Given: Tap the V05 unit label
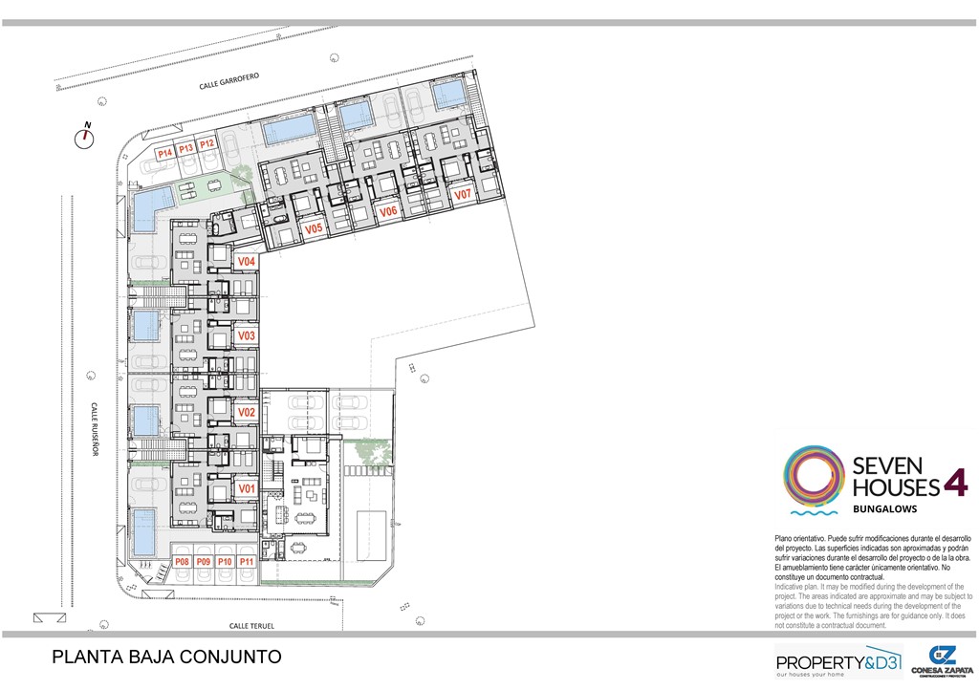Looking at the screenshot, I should tap(314, 229).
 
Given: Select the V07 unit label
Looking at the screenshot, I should tap(463, 194).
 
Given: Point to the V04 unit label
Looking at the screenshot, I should tap(247, 261).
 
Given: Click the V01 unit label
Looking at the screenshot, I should tap(247, 488).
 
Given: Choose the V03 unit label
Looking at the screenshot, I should tap(247, 336).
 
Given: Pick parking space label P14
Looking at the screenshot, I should tap(164, 153).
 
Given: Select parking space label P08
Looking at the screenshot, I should tap(182, 562).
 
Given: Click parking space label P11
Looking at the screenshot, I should tap(247, 562).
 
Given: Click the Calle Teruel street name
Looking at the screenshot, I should tap(251, 626).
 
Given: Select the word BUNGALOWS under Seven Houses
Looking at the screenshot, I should tap(885, 509).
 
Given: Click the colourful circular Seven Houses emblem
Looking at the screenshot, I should tap(814, 475).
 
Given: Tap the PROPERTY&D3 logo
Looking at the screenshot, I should tap(838, 662).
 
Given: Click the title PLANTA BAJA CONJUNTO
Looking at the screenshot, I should tap(166, 658).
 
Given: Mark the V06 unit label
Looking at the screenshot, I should tap(387, 211).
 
